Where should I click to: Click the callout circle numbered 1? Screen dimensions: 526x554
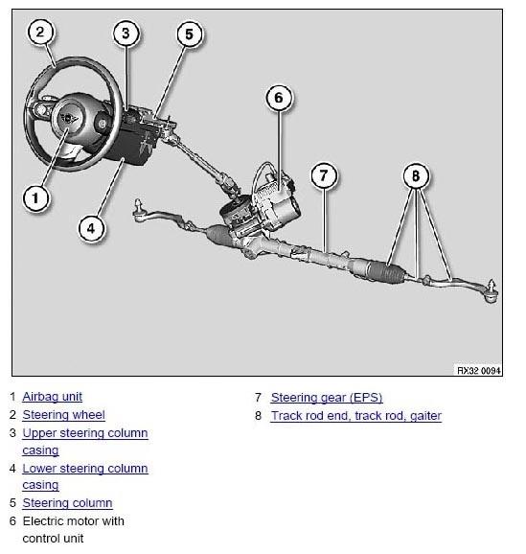coord(35,197)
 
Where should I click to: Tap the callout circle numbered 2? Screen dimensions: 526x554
coord(40,32)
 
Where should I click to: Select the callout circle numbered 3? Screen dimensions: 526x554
coord(126,34)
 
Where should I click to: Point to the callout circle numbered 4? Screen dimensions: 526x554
coord(91,228)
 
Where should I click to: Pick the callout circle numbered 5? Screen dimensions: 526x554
coord(190,35)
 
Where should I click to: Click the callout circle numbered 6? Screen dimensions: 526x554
coord(279,98)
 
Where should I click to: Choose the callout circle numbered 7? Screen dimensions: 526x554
coord(324,175)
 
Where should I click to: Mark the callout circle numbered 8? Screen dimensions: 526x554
coord(416,175)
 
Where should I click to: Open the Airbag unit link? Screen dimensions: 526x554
coord(53,397)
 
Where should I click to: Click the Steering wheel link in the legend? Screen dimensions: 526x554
coord(63,415)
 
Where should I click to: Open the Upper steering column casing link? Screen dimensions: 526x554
coord(85,442)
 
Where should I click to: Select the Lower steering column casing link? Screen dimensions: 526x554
coord(85,476)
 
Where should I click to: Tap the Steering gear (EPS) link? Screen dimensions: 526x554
coord(327,398)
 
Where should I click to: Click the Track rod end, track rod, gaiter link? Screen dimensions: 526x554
coord(356,416)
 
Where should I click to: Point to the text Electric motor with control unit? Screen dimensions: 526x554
coord(74,530)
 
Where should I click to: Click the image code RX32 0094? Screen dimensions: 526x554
coord(479,370)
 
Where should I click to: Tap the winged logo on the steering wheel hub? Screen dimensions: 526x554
coord(69,118)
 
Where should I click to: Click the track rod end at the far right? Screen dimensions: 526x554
coord(491,291)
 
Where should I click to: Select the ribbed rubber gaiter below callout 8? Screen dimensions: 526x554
coord(386,271)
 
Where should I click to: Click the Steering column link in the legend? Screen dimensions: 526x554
coord(67,503)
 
